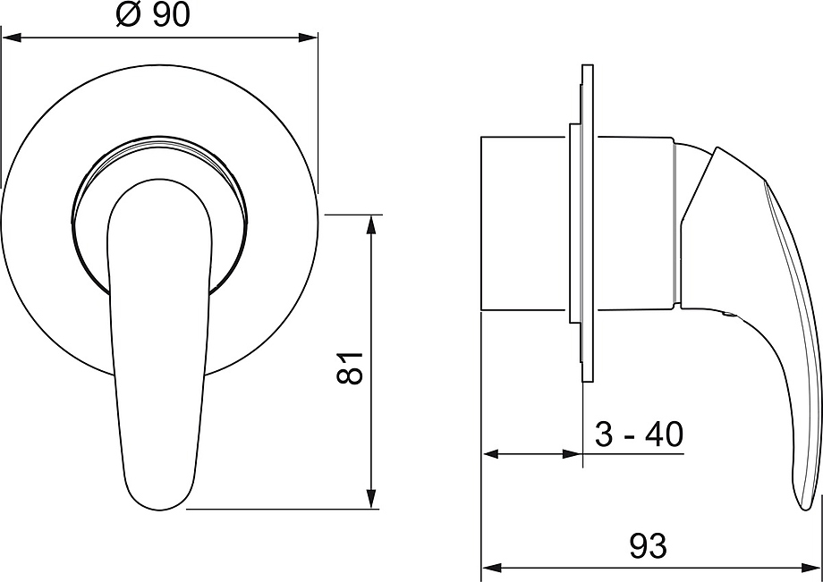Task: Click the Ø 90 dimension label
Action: pos(153,15)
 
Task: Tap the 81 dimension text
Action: pos(350,368)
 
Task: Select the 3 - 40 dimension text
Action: pos(639,434)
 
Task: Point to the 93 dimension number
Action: pos(649,546)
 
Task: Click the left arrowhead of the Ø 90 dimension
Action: pos(11,38)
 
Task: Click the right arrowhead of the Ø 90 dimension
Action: pos(308,38)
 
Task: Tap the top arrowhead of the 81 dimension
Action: pos(371,224)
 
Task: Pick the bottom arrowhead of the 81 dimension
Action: pos(371,499)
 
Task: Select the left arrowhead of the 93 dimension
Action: pos(492,568)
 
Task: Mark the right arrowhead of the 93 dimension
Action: pos(810,568)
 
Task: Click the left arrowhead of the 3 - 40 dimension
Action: pos(492,453)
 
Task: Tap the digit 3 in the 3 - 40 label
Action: pos(604,434)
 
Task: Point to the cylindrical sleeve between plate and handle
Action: pos(634,224)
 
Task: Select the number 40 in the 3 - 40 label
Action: pos(666,434)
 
